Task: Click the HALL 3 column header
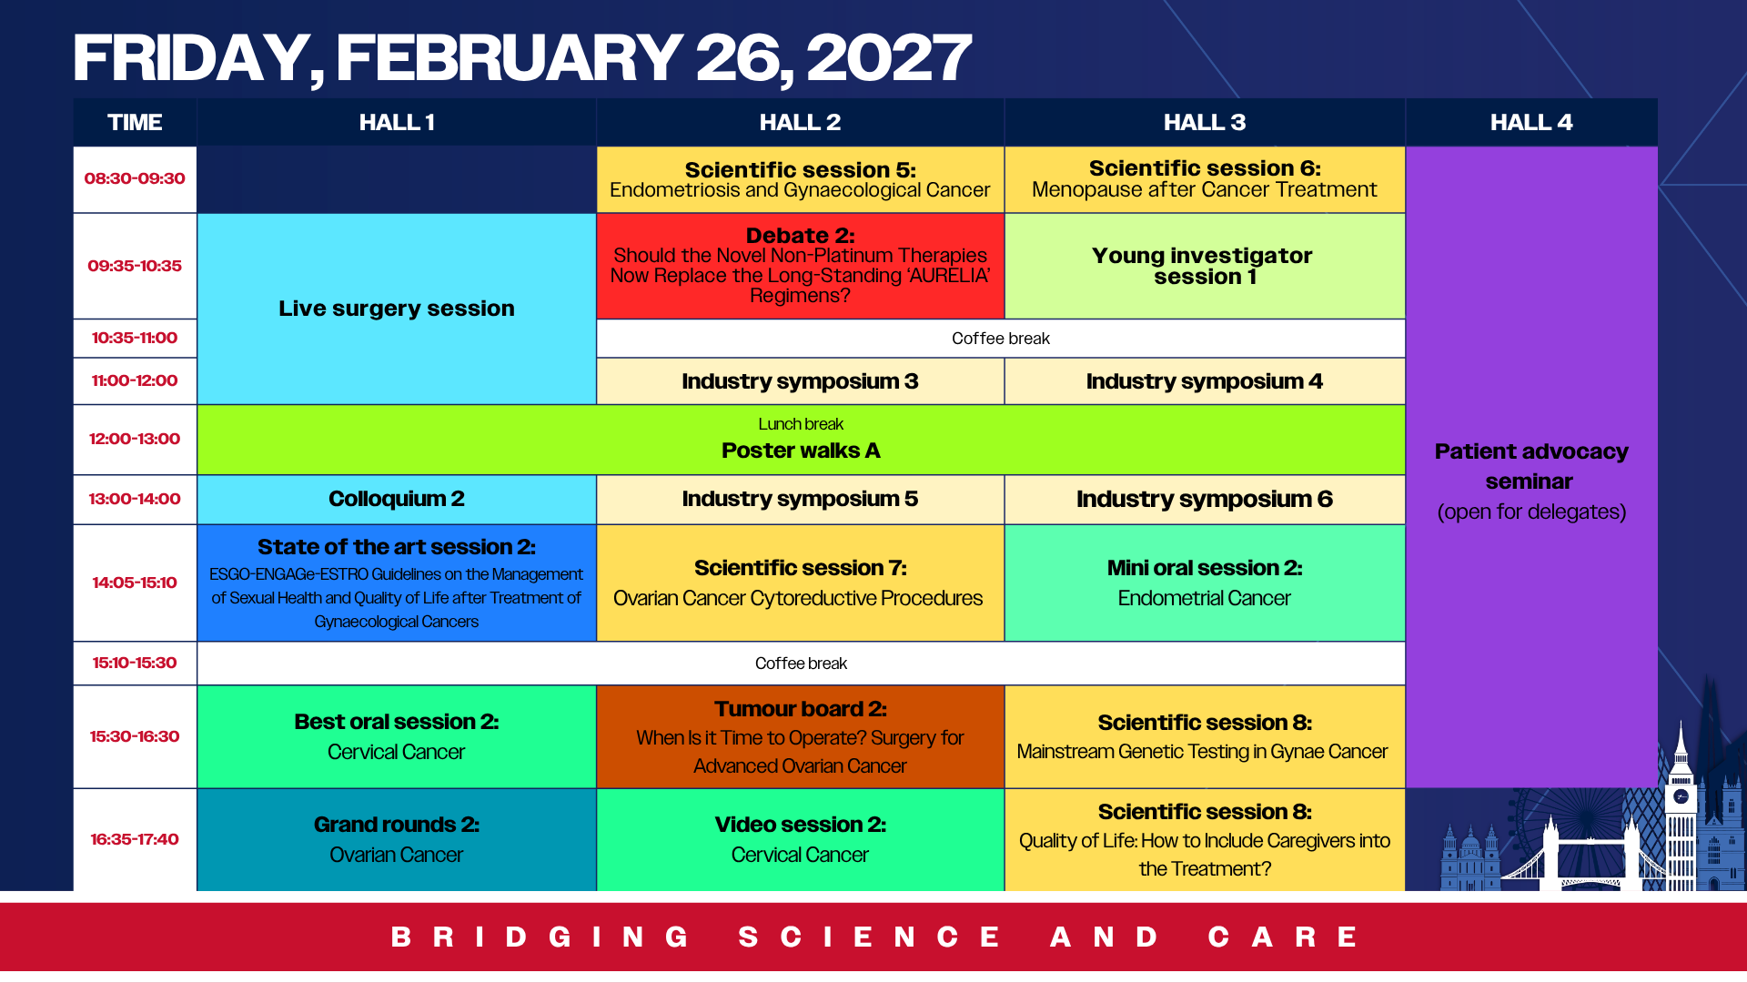1205,122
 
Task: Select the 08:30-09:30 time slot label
135,178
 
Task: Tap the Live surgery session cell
397,309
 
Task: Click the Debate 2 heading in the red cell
800,236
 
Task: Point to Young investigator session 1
1203,266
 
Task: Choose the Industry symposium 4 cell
1205,381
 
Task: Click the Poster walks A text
801,451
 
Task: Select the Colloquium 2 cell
397,499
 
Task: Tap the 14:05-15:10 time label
135,583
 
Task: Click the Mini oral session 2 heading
1205,568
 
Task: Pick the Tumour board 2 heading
800,709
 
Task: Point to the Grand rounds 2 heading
397,825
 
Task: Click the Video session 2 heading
800,825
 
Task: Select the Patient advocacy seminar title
1531,466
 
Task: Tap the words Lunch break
801,424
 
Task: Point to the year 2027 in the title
889,58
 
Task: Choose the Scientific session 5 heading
800,170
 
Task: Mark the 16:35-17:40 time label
135,839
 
